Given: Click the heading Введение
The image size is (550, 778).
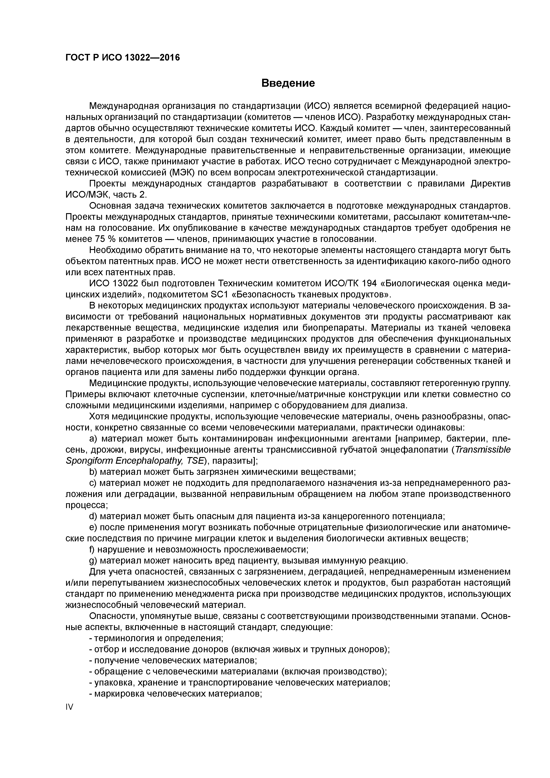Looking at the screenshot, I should pos(288,83).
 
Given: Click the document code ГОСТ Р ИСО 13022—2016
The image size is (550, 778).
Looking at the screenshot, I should pos(122,58).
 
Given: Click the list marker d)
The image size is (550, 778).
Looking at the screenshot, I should pos(93,516).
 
